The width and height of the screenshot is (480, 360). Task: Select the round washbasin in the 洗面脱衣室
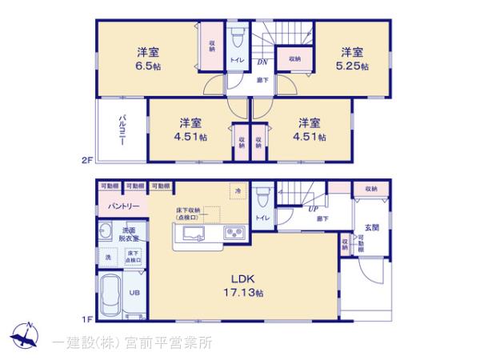pos(107,232)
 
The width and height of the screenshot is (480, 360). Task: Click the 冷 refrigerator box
pos(237,190)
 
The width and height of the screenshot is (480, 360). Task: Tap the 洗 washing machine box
pos(107,258)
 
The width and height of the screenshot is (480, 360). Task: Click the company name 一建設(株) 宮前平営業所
pos(132,342)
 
